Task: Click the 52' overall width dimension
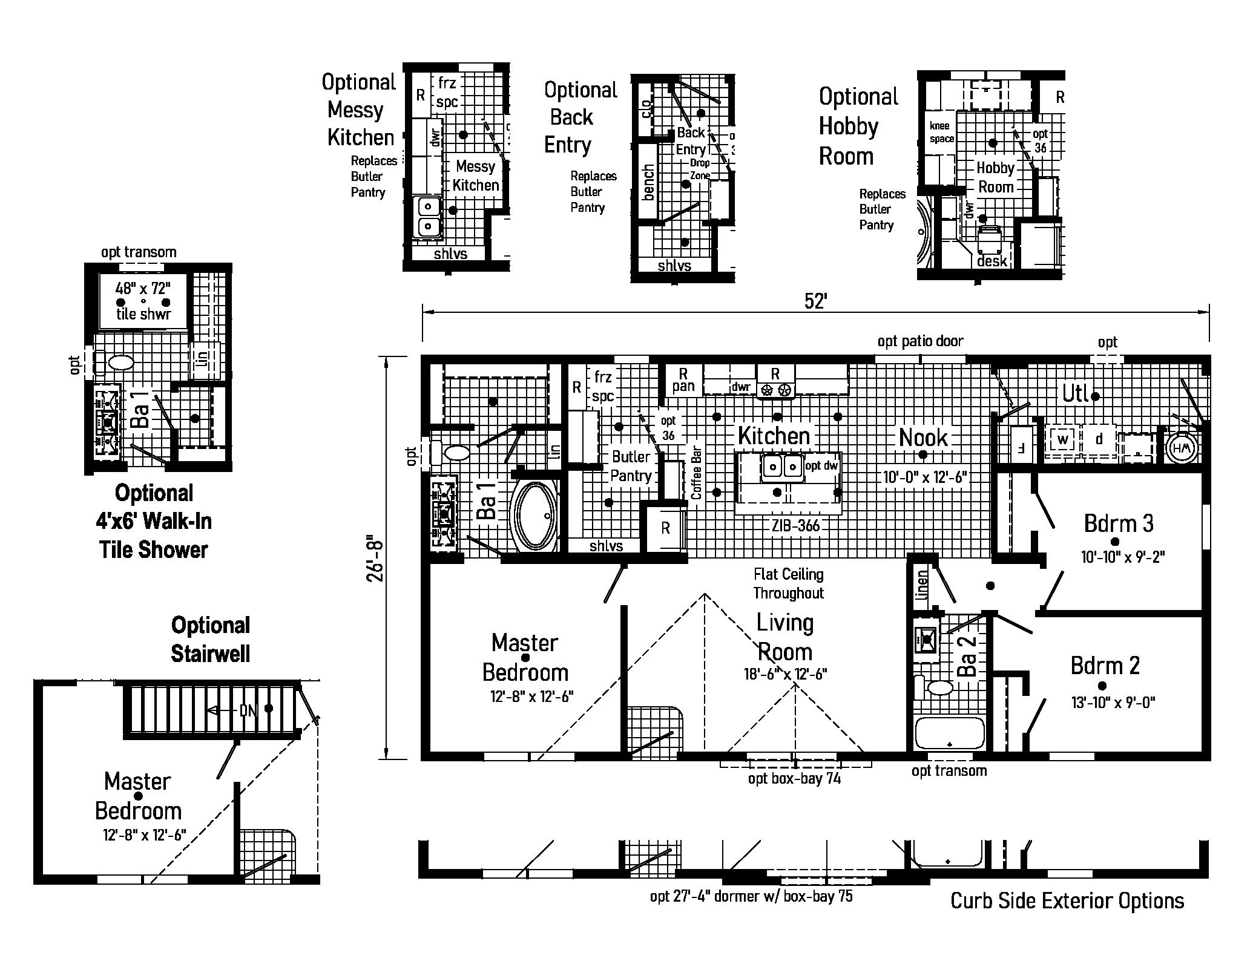point(815,301)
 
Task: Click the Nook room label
point(922,437)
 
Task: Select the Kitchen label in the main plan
point(774,435)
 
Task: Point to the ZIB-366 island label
point(795,525)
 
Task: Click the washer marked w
point(1063,439)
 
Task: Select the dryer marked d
point(1099,439)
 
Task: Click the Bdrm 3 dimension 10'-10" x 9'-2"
point(1123,556)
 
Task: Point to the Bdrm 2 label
point(1105,666)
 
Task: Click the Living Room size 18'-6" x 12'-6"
point(785,674)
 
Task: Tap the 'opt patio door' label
point(920,341)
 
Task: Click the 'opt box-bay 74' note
point(794,778)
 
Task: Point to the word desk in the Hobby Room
point(992,261)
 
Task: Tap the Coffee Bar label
point(697,473)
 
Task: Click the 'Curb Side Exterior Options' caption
point(1067,901)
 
